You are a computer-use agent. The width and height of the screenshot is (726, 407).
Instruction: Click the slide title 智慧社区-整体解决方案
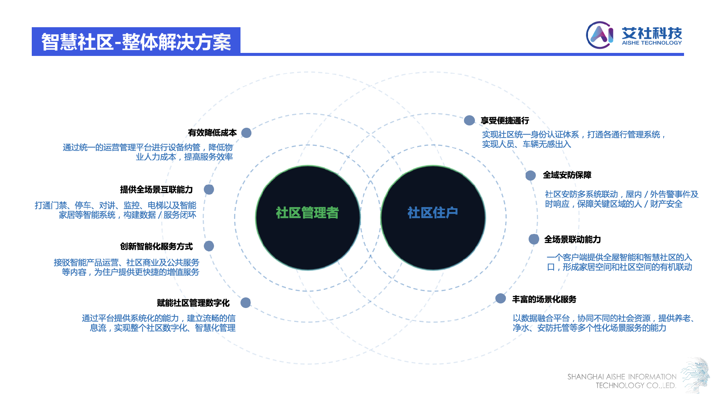[136, 42]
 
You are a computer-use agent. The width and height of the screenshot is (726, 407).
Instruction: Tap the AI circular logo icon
[600, 35]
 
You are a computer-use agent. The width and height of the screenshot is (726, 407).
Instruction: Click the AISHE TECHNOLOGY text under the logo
[652, 43]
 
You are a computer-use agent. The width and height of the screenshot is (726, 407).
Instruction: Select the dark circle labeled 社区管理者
[308, 217]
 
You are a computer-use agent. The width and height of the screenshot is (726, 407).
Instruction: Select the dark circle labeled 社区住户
[433, 217]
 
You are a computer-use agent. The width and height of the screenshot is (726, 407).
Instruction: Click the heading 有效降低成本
[212, 133]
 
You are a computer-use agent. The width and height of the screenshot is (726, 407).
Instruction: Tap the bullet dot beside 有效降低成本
[246, 133]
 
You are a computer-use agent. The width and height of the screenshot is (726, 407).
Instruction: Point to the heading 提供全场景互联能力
[156, 190]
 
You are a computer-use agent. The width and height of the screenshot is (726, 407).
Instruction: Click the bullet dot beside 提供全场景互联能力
[209, 190]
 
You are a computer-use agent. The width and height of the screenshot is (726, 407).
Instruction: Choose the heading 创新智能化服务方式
[156, 246]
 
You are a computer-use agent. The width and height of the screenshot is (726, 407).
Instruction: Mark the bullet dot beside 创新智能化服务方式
[209, 246]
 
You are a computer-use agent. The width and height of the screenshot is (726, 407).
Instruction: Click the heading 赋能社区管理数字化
[193, 303]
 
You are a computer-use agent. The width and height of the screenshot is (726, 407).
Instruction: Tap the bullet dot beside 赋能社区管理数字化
[246, 303]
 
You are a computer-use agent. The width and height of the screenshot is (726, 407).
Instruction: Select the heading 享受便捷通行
[504, 121]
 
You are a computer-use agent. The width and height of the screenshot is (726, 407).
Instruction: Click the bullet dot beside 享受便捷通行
[469, 121]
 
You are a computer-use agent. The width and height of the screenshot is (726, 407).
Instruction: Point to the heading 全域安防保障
[567, 175]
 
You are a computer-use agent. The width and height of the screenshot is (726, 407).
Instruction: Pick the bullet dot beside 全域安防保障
[531, 175]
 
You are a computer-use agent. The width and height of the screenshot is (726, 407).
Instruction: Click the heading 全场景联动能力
[572, 240]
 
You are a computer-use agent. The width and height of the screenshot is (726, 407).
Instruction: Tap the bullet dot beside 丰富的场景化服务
[501, 299]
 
